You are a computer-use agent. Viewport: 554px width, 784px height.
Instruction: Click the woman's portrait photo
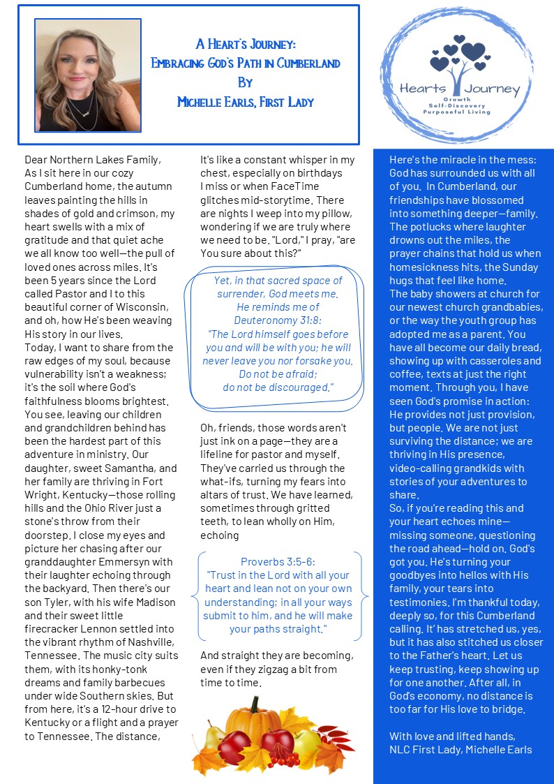click(87, 75)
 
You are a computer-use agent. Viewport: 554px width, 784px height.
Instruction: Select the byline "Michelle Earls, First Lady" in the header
click(246, 103)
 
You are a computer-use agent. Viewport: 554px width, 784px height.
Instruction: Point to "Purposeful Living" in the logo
click(461, 112)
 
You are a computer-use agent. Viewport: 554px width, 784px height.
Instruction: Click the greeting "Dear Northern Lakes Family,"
click(92, 160)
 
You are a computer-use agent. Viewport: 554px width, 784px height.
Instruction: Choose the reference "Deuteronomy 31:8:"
click(277, 320)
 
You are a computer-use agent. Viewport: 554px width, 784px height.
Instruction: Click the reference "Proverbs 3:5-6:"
click(277, 561)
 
